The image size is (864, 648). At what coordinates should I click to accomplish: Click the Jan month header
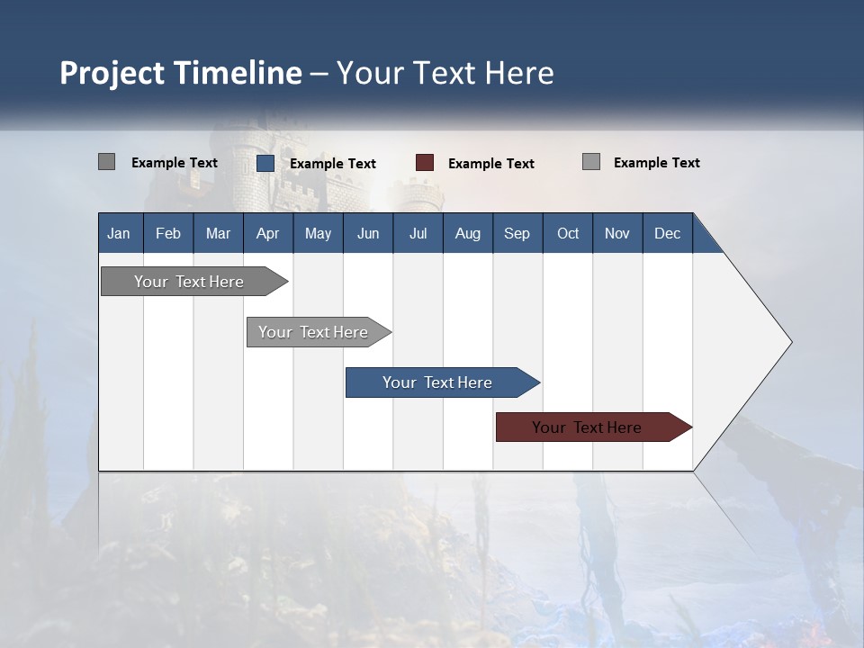(120, 233)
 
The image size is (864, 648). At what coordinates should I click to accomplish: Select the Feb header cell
(168, 233)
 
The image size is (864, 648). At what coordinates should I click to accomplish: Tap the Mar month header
(218, 233)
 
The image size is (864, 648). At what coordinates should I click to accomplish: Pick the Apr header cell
(268, 233)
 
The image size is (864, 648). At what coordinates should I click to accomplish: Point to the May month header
(318, 233)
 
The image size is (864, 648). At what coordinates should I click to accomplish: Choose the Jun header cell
(368, 233)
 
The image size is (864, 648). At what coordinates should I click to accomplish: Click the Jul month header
(418, 233)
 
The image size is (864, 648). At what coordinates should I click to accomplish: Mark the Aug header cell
(468, 233)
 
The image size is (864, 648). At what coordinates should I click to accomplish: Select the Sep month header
(517, 233)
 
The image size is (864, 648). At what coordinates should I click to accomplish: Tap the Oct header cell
(568, 233)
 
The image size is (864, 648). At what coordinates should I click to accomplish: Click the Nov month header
(617, 233)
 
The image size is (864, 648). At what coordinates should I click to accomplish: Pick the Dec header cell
(668, 233)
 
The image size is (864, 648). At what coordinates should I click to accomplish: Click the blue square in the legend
(265, 163)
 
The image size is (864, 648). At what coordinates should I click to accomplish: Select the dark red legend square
(425, 163)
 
